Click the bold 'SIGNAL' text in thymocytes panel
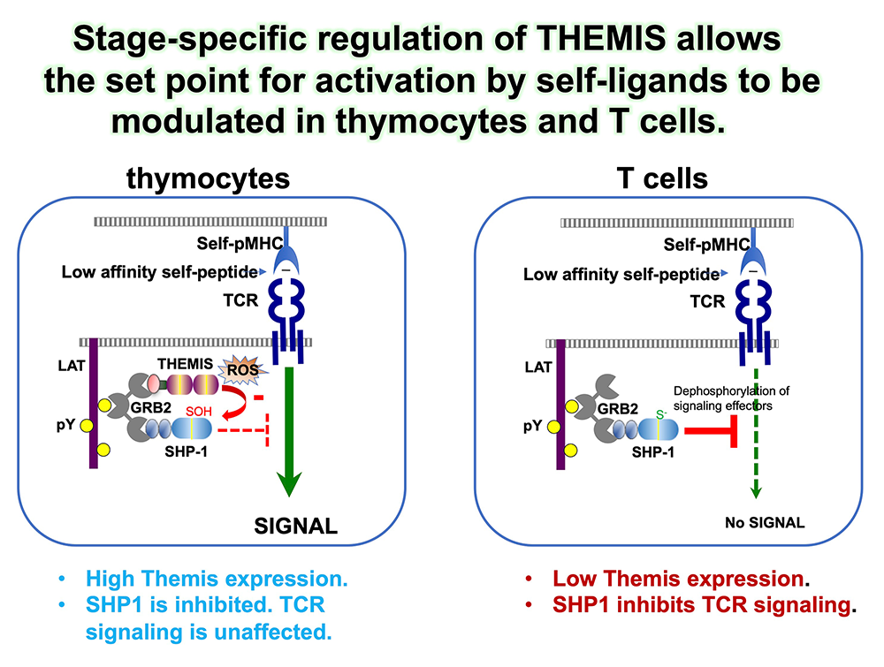click(296, 527)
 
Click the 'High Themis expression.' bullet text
click(217, 580)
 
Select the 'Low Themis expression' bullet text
click(676, 580)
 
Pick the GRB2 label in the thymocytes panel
click(160, 408)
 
